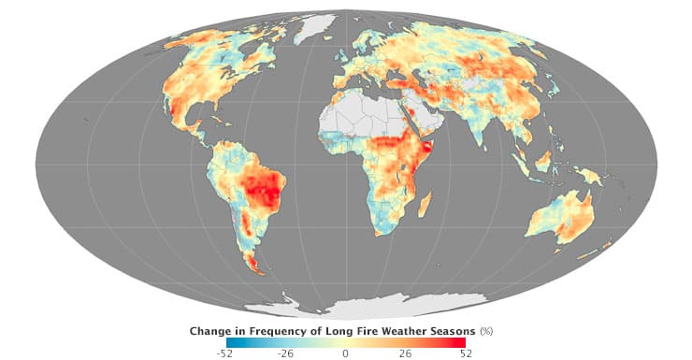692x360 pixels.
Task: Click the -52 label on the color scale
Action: (225, 353)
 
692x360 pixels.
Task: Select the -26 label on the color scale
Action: (285, 353)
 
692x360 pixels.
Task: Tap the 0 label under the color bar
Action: (345, 353)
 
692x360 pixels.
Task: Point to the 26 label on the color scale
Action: (405, 353)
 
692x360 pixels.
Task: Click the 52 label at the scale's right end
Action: (465, 353)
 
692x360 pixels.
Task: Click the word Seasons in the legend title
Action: (453, 330)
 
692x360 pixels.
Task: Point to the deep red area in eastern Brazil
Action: (267, 192)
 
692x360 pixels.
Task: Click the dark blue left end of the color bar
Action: (230, 342)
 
